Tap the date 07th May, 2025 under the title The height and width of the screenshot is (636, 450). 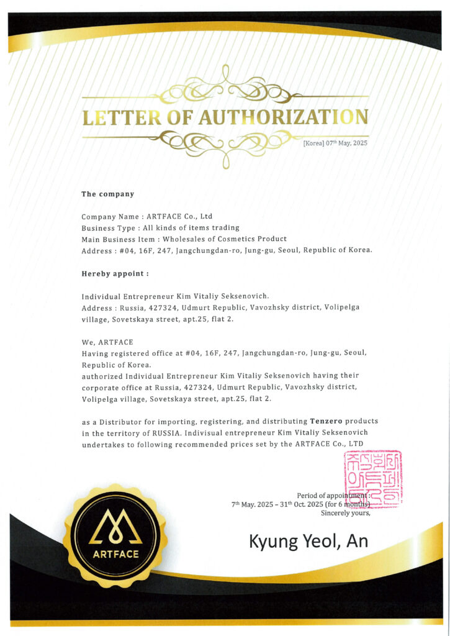pos(335,143)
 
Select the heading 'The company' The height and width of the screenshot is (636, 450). pos(108,194)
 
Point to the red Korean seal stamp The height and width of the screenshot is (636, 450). pos(372,477)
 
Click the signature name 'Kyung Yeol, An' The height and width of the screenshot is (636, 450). pos(308,541)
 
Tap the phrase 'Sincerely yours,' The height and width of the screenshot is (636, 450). pos(346,513)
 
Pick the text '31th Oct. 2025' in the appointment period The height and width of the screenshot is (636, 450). pos(302,504)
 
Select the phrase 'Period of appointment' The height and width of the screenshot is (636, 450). pos(332,495)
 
